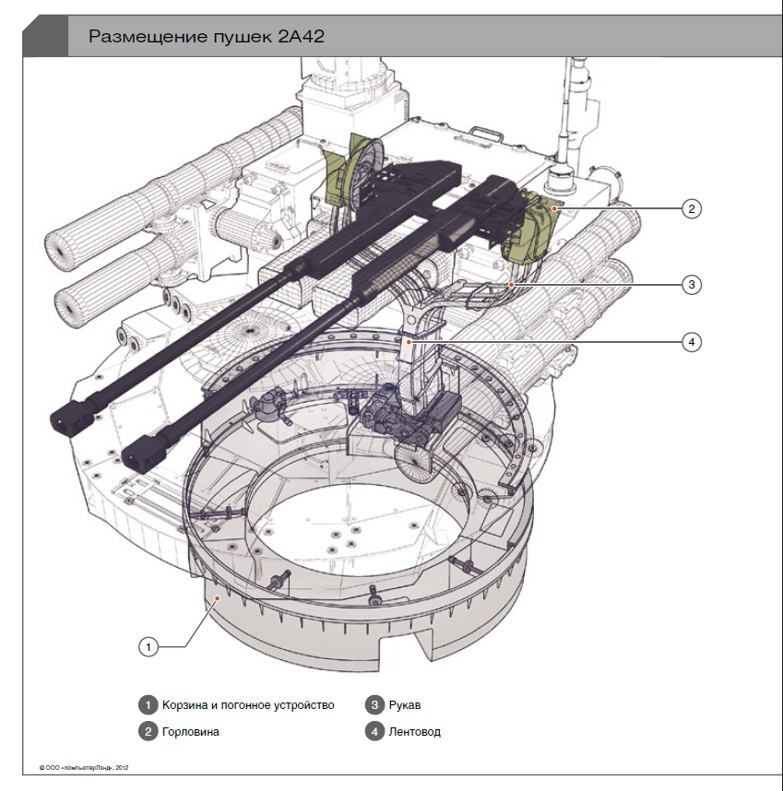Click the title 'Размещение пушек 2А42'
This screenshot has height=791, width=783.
pos(207,37)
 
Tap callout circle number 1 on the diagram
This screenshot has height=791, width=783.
pos(148,647)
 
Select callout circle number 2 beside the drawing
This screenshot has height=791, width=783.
pos(692,208)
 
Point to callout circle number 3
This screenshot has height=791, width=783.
pos(692,285)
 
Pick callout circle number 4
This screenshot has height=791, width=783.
pos(692,342)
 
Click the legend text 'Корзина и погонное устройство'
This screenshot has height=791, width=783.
pos(247,705)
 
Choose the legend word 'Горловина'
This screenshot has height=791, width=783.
pos(192,732)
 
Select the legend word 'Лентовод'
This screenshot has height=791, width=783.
pos(415,732)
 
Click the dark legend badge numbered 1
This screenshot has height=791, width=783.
pos(148,705)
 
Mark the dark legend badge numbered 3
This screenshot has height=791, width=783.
pos(374,705)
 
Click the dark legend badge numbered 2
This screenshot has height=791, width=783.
pos(148,732)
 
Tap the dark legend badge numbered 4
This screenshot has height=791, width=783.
pos(374,732)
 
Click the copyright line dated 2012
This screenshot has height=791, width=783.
pos(83,766)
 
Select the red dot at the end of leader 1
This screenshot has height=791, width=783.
pos(216,598)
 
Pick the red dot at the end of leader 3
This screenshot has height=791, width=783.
pos(510,284)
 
